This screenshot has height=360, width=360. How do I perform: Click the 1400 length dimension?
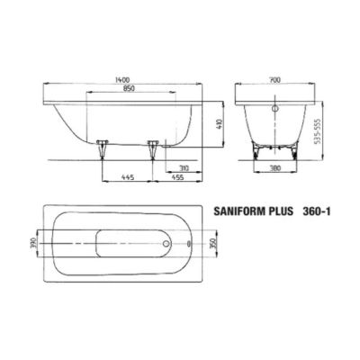click(x=121, y=80)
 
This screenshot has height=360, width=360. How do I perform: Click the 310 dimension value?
click(x=183, y=167)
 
